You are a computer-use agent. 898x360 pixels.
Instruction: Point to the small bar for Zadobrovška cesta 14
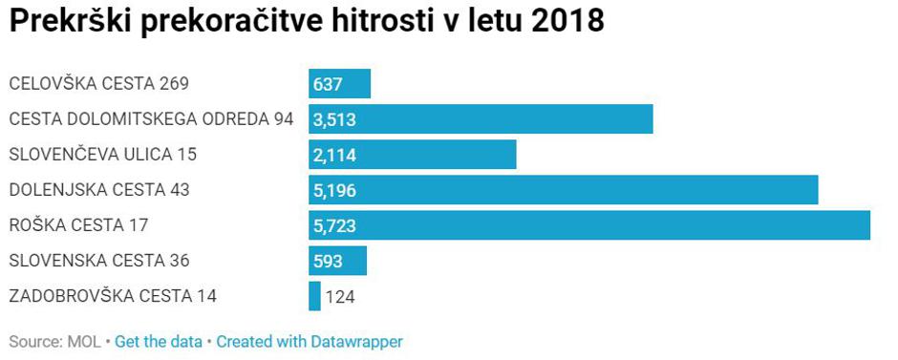314,296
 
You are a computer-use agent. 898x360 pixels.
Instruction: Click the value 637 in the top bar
328,84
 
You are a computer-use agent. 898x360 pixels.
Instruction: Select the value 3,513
334,119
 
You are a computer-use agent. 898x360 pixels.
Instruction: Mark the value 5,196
334,190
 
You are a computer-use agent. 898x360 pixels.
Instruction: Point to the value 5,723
334,225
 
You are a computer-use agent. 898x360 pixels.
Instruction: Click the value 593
328,261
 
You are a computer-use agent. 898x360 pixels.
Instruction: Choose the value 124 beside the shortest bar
340,296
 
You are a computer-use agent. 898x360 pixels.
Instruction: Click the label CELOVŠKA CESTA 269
98,84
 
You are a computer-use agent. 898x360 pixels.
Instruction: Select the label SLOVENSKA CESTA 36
99,261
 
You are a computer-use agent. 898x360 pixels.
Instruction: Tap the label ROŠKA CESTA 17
78,225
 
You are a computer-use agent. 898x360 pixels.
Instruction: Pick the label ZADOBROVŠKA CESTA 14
113,296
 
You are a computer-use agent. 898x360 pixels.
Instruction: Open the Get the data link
159,342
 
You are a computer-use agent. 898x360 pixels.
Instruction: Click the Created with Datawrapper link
310,342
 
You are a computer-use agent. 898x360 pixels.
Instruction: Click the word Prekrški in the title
70,22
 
